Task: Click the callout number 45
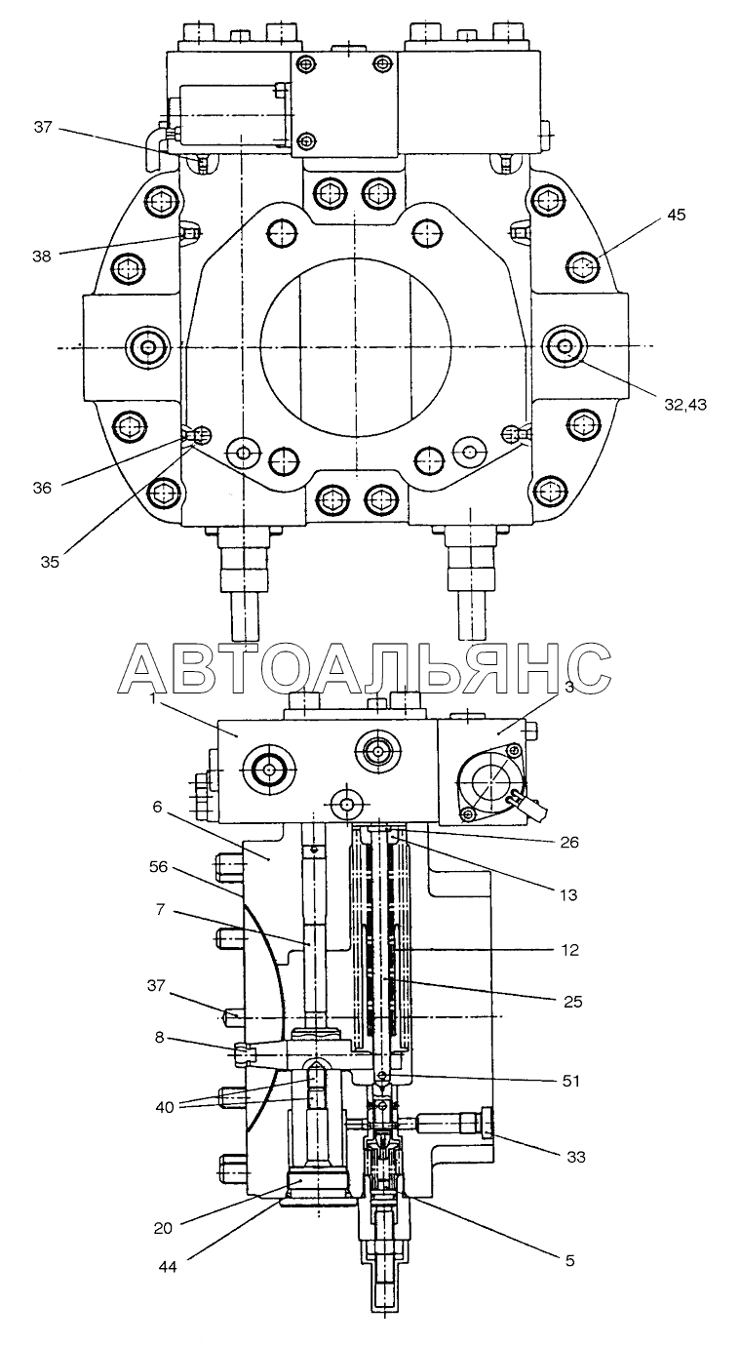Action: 676,215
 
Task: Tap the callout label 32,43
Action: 685,405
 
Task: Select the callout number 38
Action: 42,256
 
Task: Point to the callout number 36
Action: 42,488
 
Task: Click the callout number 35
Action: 50,562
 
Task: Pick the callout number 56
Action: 160,867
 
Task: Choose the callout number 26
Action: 569,843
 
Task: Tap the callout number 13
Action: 567,894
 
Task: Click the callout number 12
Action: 569,950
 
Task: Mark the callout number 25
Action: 572,1002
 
